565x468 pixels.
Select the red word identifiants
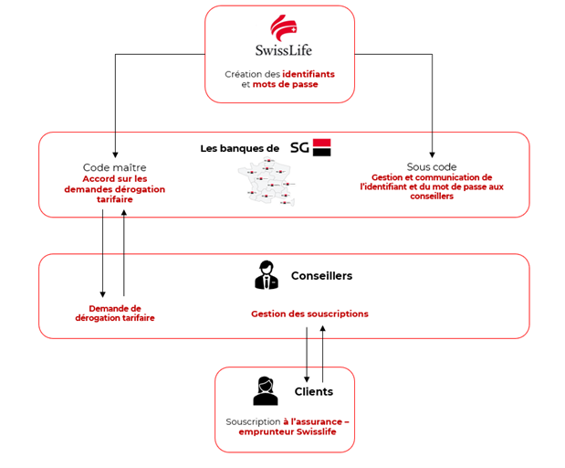pyautogui.click(x=309, y=74)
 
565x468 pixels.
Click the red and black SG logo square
pyautogui.click(x=321, y=147)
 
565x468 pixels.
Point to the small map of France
pyautogui.click(x=267, y=183)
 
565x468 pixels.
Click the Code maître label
pyautogui.click(x=114, y=167)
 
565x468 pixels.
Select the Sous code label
pyautogui.click(x=432, y=167)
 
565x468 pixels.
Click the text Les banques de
pyautogui.click(x=239, y=148)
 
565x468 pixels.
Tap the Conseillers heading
pyautogui.click(x=321, y=275)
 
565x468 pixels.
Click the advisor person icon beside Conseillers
pyautogui.click(x=266, y=275)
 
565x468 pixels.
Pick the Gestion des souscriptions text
pyautogui.click(x=309, y=314)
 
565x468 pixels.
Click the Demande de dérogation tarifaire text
pyautogui.click(x=114, y=313)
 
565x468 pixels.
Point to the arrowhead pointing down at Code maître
pyautogui.click(x=115, y=155)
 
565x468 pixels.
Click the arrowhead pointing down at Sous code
pyautogui.click(x=433, y=155)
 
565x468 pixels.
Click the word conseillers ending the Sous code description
pyautogui.click(x=432, y=197)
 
